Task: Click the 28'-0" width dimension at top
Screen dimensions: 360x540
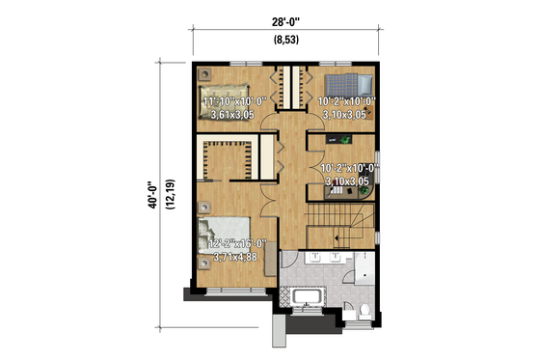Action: point(284,22)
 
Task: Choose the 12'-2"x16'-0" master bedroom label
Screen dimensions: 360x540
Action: point(237,243)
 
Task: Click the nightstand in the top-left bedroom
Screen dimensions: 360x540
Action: point(205,73)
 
